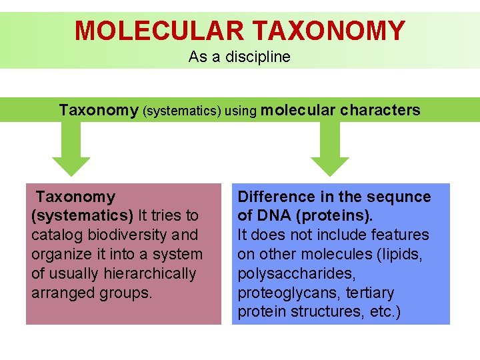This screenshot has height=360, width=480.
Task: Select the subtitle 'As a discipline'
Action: [x=239, y=57]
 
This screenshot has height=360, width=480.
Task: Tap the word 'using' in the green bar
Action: [x=241, y=111]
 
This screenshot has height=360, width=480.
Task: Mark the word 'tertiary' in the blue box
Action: [x=369, y=293]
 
